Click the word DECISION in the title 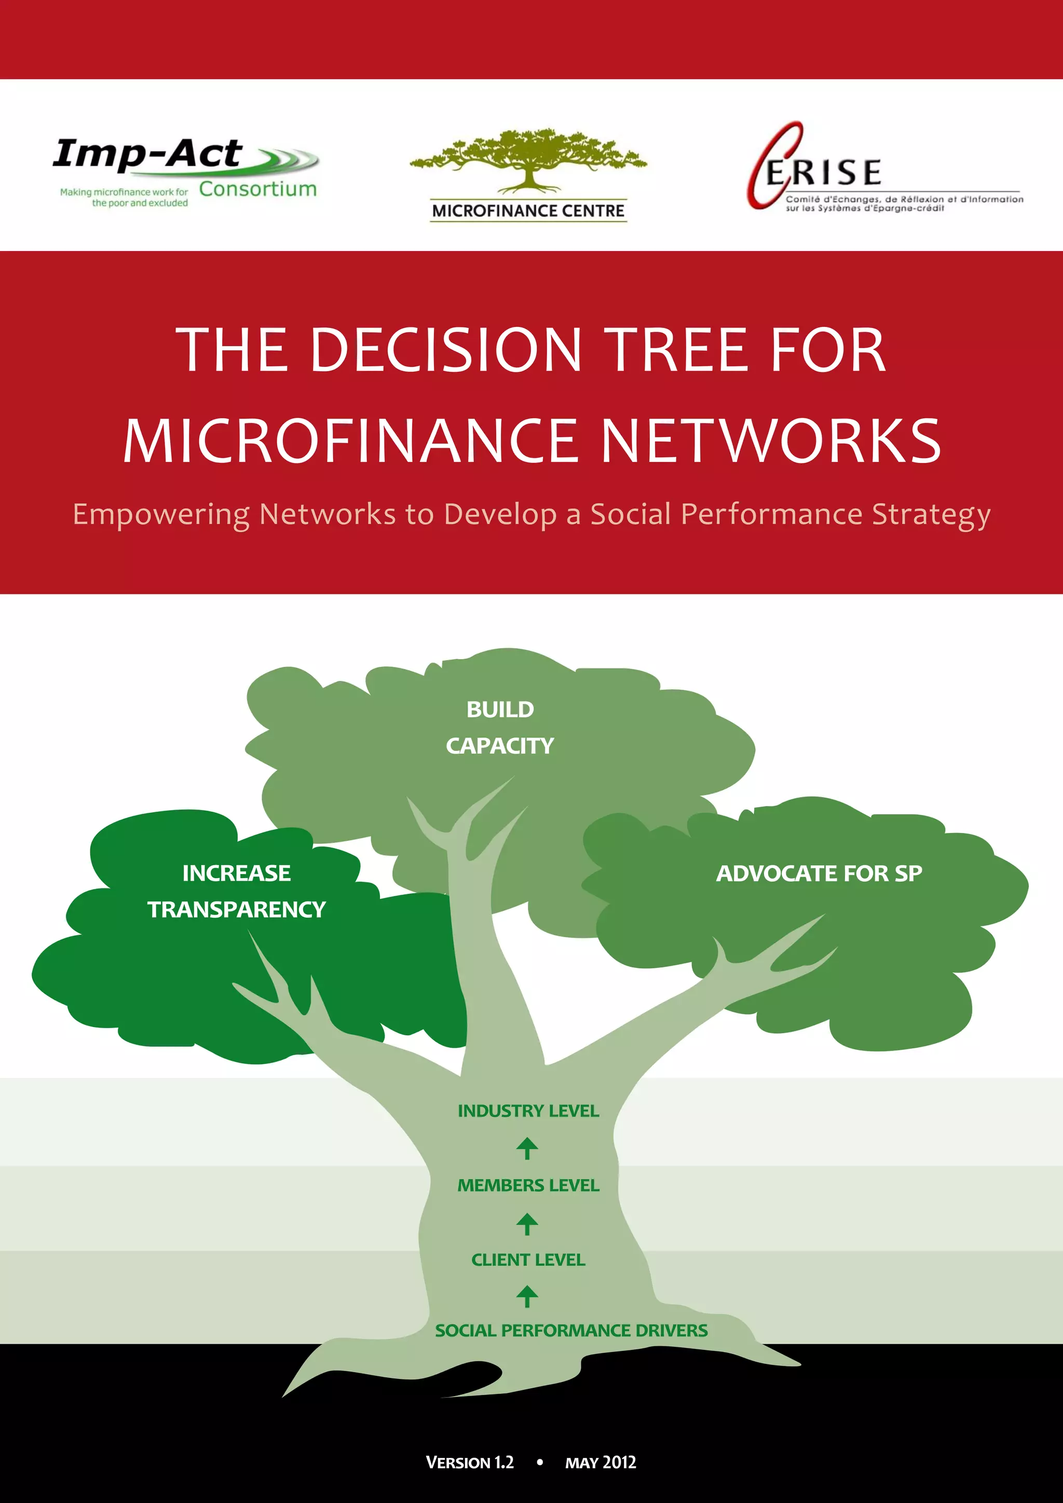[x=445, y=350]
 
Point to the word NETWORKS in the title [x=770, y=441]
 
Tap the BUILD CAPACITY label [x=500, y=727]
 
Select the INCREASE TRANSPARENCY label [x=236, y=891]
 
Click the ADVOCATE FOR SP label [x=819, y=873]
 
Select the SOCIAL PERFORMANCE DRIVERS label [x=571, y=1330]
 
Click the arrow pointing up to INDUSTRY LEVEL [x=527, y=1148]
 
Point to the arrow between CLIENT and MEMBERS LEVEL [x=527, y=1223]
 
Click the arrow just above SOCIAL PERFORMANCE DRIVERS [x=527, y=1295]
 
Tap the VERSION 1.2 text [x=469, y=1463]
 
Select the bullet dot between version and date [x=539, y=1462]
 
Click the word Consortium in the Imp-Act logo [x=258, y=189]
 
